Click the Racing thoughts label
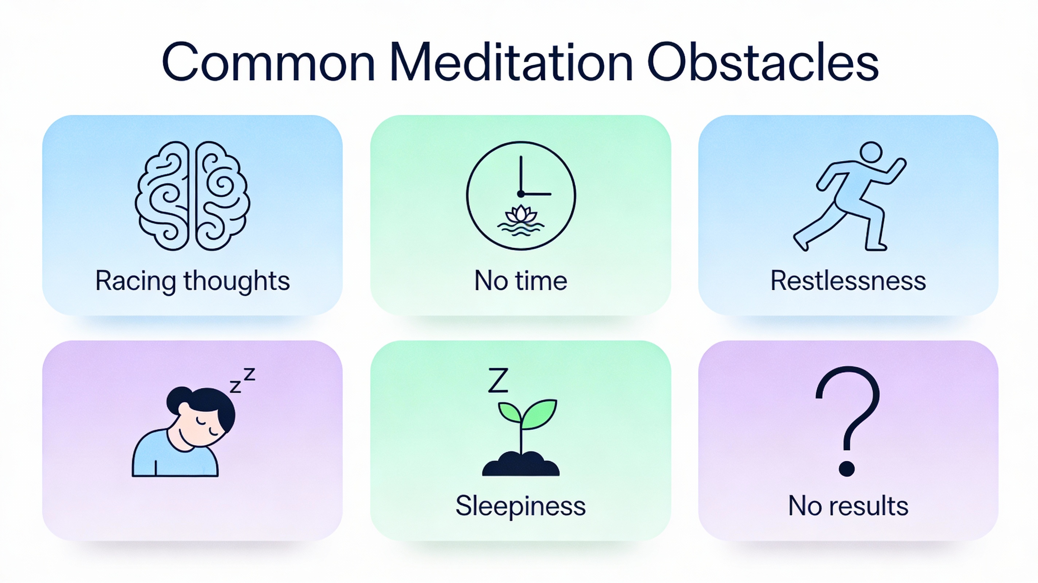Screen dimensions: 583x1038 point(192,281)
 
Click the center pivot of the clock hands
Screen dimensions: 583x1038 point(520,194)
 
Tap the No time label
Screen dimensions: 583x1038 point(520,281)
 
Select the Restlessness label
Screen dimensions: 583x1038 point(848,281)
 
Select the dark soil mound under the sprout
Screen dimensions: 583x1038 point(520,465)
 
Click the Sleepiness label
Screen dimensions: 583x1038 point(520,506)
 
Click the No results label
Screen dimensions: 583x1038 point(848,506)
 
